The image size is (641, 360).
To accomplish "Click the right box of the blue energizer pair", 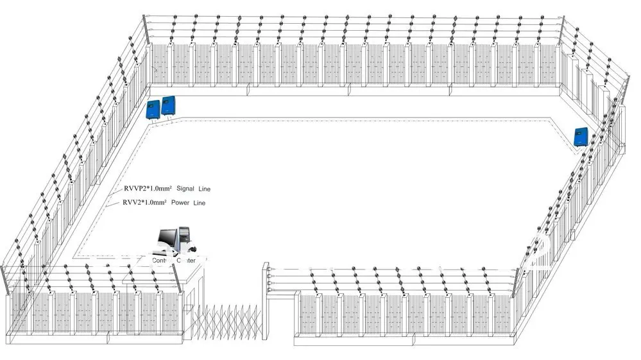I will click(x=169, y=106).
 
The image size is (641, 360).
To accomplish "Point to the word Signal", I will click(x=187, y=189).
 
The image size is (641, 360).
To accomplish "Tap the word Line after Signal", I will click(x=205, y=189).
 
